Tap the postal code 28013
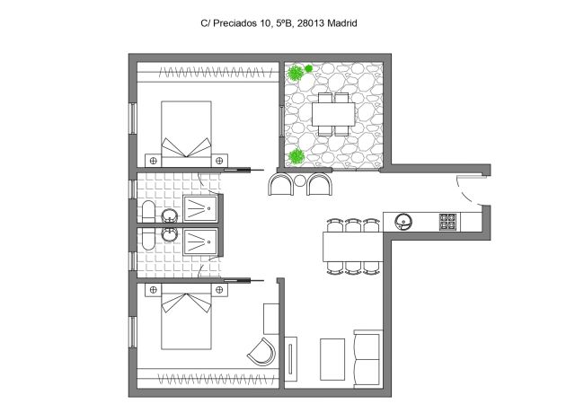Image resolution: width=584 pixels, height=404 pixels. (x=304, y=25)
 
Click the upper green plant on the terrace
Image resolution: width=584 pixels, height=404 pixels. (x=308, y=68)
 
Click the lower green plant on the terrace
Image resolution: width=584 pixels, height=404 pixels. (x=296, y=157)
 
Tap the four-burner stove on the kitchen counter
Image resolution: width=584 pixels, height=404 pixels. (x=447, y=222)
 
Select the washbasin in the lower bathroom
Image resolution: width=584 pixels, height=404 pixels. (x=169, y=236)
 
